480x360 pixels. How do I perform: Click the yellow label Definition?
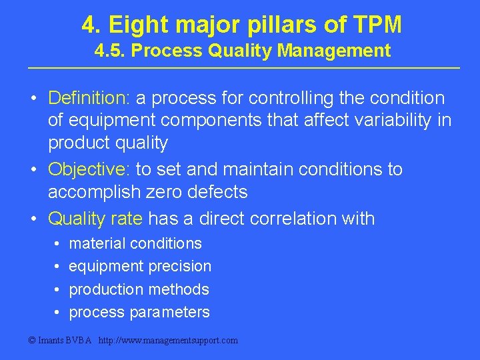pos(89,99)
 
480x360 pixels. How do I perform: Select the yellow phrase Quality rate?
pos(95,218)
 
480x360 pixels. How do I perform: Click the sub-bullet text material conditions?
pos(135,243)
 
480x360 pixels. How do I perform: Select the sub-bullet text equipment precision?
pos(140,267)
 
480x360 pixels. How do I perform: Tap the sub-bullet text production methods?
pos(139,289)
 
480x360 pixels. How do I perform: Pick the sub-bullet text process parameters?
pos(139,312)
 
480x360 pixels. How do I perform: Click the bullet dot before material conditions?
pos(57,244)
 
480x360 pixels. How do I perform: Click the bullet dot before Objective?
pos(33,170)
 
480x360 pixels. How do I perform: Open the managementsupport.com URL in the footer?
pos(167,341)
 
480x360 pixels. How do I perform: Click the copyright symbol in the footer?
pos(32,341)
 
